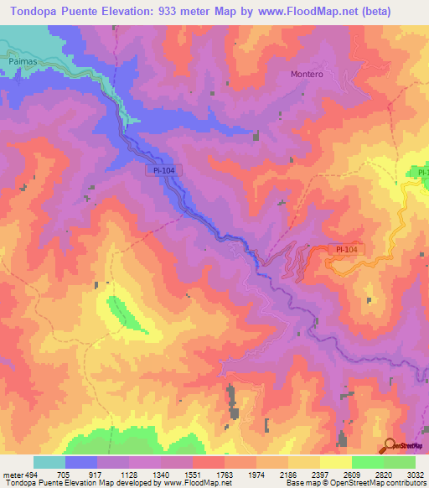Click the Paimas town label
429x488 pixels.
pyautogui.click(x=24, y=61)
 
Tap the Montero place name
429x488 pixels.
pyautogui.click(x=306, y=74)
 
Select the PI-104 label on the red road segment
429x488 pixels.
pyautogui.click(x=346, y=249)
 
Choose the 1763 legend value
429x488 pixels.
pyautogui.click(x=225, y=474)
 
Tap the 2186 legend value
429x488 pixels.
pyautogui.click(x=288, y=474)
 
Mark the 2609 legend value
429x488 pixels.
pyautogui.click(x=352, y=474)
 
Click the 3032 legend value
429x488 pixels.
pyautogui.click(x=416, y=474)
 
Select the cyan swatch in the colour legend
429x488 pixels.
pyautogui.click(x=49, y=462)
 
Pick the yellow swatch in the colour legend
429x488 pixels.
pyautogui.click(x=335, y=462)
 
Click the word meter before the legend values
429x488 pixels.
pyautogui.click(x=11, y=474)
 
